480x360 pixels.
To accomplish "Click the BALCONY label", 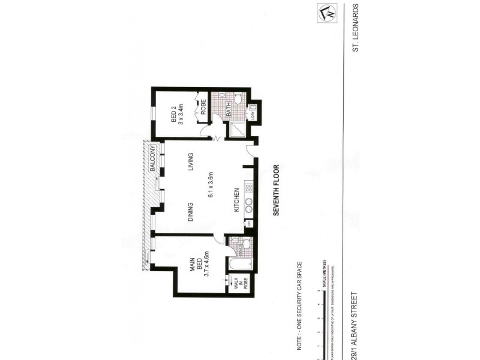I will pyautogui.click(x=154, y=160).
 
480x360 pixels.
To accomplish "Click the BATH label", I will pyautogui.click(x=229, y=110).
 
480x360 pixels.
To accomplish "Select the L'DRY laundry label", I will pyautogui.click(x=253, y=114).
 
